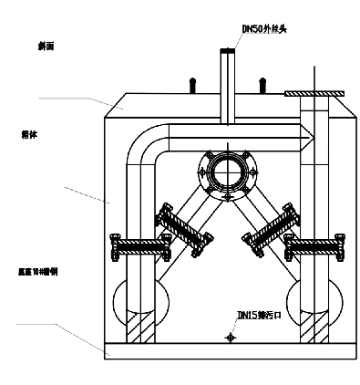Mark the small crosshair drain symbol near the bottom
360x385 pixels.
tap(232, 337)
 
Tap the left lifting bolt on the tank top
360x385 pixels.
tap(191, 84)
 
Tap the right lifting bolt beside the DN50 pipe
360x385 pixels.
tap(262, 84)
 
